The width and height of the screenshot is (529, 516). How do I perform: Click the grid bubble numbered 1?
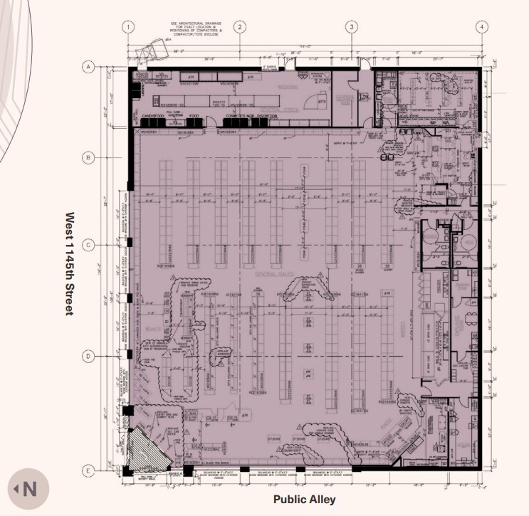pyautogui.click(x=128, y=27)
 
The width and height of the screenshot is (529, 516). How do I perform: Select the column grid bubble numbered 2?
pyautogui.click(x=240, y=27)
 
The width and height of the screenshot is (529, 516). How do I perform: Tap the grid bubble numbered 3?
pyautogui.click(x=352, y=27)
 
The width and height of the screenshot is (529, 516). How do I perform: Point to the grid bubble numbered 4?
pyautogui.click(x=482, y=27)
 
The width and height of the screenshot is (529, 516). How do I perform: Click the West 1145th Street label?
pyautogui.click(x=70, y=263)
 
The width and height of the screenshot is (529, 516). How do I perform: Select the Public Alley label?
pyautogui.click(x=304, y=500)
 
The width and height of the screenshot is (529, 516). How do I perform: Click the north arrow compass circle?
pyautogui.click(x=24, y=489)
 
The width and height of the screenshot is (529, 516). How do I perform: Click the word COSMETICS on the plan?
pyautogui.click(x=236, y=115)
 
